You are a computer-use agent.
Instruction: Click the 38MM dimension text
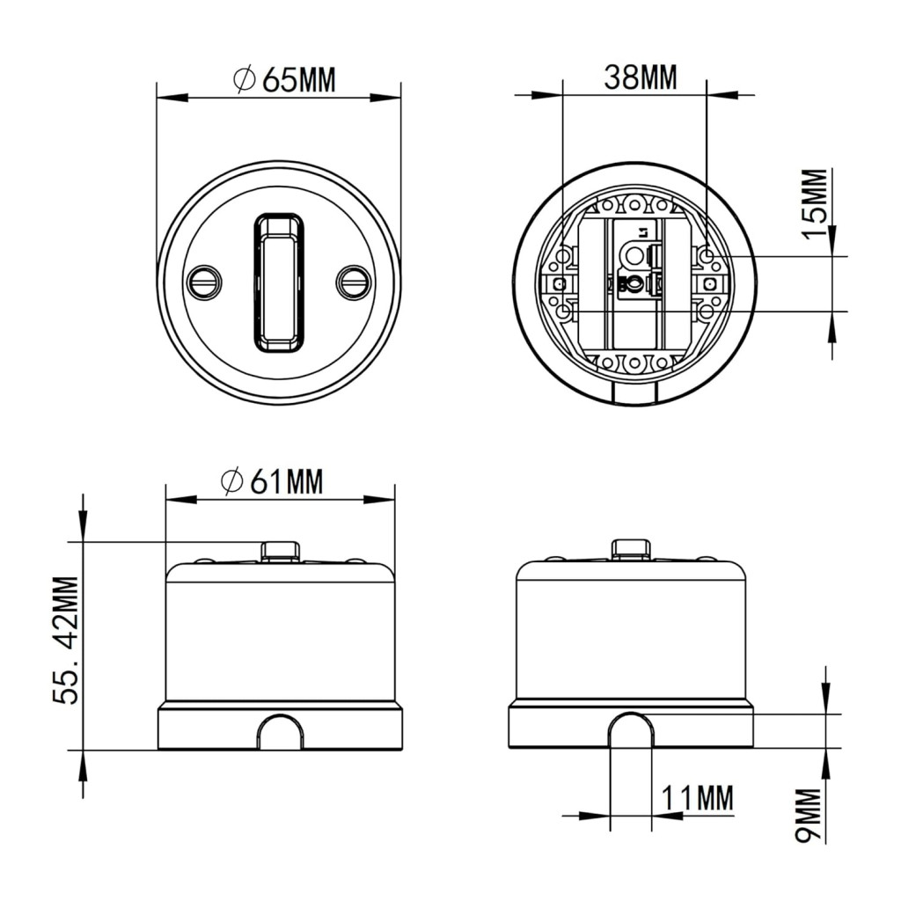coord(640,77)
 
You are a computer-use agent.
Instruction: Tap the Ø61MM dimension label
coord(272,481)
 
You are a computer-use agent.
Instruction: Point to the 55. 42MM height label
coord(67,640)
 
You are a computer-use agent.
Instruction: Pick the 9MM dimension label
coord(807,816)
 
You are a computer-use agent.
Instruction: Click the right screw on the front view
coord(353,281)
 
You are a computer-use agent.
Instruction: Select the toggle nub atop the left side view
coord(280,551)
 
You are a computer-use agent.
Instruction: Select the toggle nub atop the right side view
coord(631,550)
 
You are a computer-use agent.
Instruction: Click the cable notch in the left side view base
coord(281,734)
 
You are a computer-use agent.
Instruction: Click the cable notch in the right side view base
coord(631,732)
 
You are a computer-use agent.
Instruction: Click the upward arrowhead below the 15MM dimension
coord(833,326)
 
